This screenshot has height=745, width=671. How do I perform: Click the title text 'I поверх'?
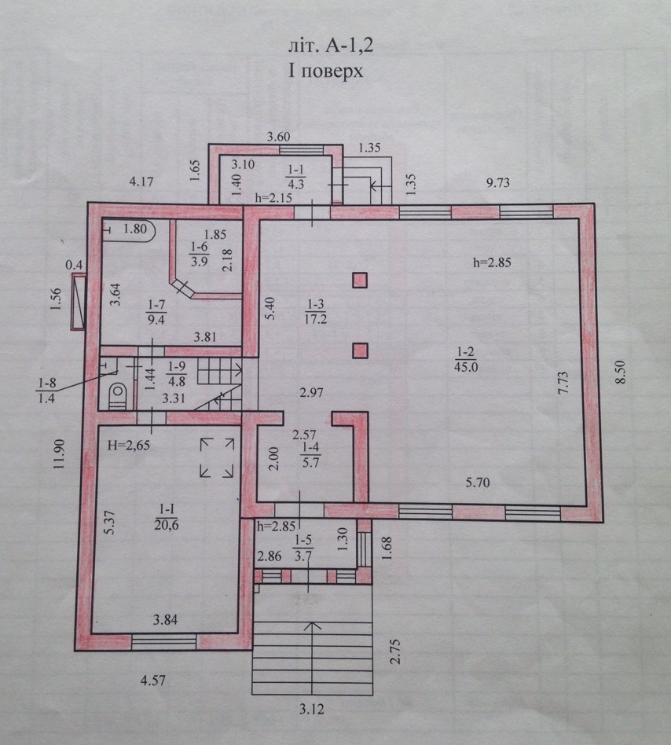coord(325,72)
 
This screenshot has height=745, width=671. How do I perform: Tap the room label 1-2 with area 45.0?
coord(465,359)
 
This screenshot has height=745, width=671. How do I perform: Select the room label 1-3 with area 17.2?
coord(315,311)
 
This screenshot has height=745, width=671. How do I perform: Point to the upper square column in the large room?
coord(360,280)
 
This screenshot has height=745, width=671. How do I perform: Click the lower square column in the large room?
coord(360,350)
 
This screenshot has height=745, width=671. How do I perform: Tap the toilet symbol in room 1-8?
coord(117,395)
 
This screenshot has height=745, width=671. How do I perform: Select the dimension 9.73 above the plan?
coord(497,182)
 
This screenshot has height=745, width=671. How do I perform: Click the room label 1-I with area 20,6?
coord(167,517)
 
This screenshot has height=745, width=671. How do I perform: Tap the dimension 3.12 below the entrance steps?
coord(311,710)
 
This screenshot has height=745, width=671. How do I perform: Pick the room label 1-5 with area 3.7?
coord(303,548)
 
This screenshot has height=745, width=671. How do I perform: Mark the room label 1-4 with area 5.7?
coord(310,455)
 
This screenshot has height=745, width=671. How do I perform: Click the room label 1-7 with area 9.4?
coord(156,312)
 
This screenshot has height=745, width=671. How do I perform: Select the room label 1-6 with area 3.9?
coord(199,254)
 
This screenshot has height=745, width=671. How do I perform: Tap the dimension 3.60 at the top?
coord(278,137)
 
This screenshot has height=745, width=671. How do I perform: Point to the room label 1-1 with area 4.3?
coord(295,177)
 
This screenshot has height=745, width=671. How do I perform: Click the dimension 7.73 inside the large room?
coord(563,383)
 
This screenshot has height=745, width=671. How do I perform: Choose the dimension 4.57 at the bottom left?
coord(153,681)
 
